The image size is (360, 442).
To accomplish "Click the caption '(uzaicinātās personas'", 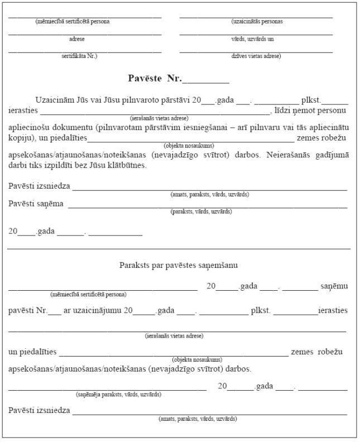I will [x=257, y=22].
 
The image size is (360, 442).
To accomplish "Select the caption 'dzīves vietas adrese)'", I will [x=256, y=56].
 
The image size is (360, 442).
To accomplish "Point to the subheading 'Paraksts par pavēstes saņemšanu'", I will [x=179, y=265].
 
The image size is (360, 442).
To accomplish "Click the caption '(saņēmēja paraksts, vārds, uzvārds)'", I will [x=119, y=394].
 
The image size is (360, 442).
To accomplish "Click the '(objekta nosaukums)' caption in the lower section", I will [x=197, y=360].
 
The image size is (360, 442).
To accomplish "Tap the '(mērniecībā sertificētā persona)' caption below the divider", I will [x=88, y=294].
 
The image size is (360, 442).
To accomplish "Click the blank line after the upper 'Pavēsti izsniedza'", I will [x=209, y=189].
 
